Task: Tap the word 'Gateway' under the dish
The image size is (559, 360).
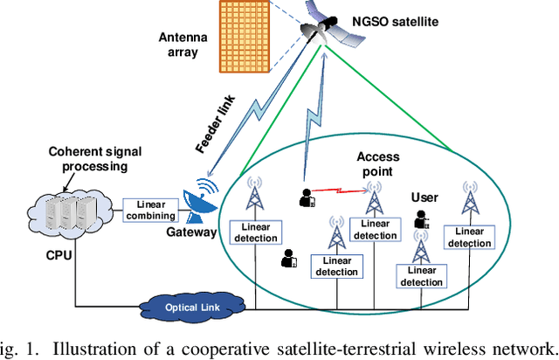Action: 190,233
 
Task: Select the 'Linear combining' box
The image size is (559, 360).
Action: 149,210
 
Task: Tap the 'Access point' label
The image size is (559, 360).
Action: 378,163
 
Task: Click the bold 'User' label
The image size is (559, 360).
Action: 427,197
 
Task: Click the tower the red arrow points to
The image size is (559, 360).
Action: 375,198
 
